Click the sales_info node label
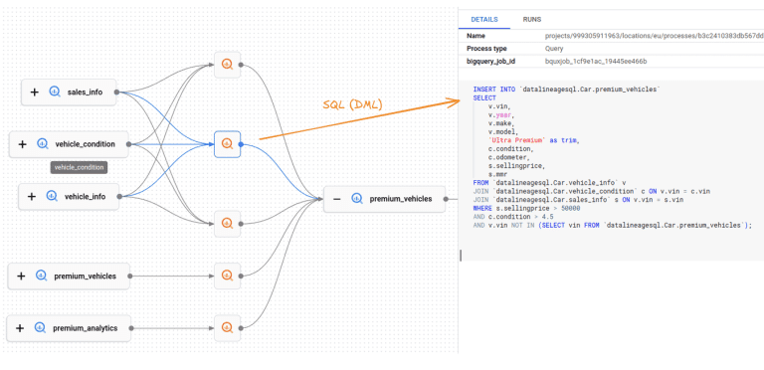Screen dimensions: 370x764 (86, 92)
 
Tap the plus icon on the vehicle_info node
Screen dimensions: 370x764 (32, 197)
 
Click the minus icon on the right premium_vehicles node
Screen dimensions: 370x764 (337, 199)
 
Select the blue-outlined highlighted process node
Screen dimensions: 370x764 (227, 144)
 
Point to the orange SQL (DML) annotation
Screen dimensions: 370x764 (352, 104)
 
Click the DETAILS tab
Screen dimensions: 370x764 (483, 19)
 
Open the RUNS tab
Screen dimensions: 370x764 (532, 19)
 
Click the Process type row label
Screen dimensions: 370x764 (487, 48)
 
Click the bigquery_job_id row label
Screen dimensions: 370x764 (493, 62)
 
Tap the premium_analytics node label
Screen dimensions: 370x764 (86, 327)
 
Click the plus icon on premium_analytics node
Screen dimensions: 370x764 (21, 327)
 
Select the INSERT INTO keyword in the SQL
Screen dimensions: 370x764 (493, 90)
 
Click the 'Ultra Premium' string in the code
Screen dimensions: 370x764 (514, 140)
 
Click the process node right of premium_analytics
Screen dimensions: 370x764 (227, 324)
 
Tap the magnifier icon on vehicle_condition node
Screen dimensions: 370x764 (42, 144)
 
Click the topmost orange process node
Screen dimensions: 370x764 (227, 66)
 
